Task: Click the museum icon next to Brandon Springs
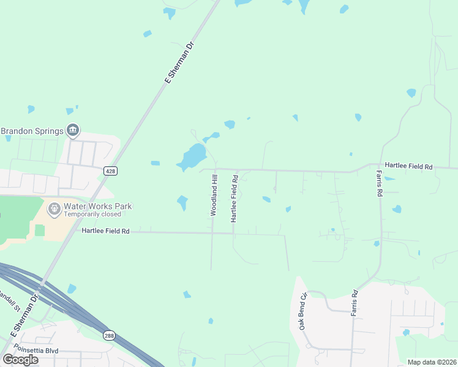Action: tap(73, 130)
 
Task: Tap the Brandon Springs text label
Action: tap(32, 131)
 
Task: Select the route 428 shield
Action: tap(110, 171)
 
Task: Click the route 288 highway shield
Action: tap(109, 336)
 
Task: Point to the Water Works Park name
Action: tap(98, 207)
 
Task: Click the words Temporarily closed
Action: tap(92, 214)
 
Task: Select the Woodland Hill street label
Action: tap(214, 195)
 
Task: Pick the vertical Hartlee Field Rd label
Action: tap(234, 198)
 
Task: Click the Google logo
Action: tap(20, 360)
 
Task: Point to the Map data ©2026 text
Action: tap(432, 362)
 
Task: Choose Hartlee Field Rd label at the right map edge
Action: tap(408, 166)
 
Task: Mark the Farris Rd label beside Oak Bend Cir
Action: tap(354, 302)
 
